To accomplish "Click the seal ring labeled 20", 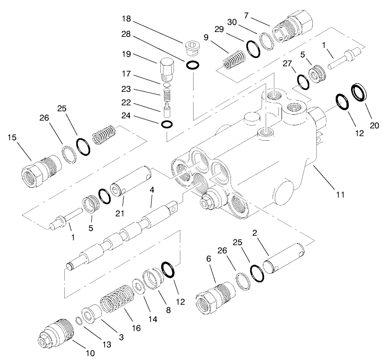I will [x=360, y=93].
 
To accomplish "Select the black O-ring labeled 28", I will [x=192, y=65].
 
